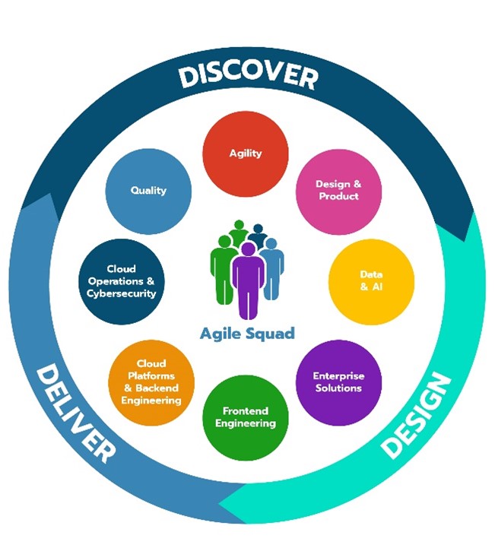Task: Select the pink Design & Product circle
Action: coord(337,190)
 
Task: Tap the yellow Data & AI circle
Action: coord(371,281)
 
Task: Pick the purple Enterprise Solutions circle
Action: coord(338,382)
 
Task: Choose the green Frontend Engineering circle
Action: coord(246,417)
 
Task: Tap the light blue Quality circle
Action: coord(148,190)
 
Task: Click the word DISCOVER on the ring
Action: coord(247,76)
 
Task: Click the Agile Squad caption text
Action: coord(246,334)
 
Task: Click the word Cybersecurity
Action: coord(122,293)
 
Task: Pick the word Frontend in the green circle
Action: coord(246,410)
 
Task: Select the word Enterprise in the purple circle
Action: coord(338,376)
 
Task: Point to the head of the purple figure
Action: coord(248,249)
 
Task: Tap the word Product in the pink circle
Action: coord(337,196)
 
